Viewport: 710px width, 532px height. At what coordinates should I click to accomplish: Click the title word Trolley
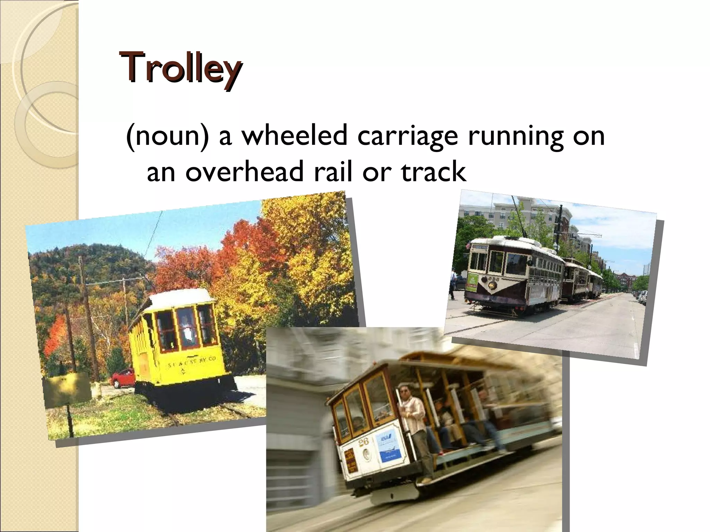(180, 68)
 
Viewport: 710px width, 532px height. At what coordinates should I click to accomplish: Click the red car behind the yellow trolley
(123, 378)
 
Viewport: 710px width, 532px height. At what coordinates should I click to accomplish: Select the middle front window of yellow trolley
(187, 327)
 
